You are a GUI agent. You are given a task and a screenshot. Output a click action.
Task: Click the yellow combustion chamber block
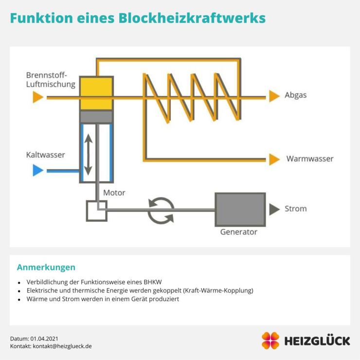96,93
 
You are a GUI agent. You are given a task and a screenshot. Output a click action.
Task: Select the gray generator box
240,209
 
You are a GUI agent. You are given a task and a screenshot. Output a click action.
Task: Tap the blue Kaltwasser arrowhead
37,171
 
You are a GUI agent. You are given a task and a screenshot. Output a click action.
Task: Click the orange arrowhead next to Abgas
274,96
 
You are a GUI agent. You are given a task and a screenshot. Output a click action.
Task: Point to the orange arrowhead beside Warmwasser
274,159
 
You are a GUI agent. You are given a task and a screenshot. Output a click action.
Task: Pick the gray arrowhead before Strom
273,209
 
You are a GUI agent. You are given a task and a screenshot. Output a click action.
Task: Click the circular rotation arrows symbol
161,210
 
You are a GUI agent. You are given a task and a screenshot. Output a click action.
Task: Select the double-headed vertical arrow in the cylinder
88,155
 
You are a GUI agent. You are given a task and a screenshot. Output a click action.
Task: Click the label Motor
114,193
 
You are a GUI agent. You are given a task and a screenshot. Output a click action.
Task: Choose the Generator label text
238,232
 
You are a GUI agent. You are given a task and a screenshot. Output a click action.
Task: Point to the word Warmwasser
309,159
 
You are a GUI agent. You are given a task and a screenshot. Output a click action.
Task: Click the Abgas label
295,95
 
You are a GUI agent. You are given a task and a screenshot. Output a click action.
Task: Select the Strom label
295,209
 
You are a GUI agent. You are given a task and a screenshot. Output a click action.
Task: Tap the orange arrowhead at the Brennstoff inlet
38,97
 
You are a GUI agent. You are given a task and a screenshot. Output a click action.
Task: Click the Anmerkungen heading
46,267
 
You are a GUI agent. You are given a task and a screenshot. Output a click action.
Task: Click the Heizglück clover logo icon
270,341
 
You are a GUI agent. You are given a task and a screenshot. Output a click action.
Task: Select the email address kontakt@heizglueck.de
62,346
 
